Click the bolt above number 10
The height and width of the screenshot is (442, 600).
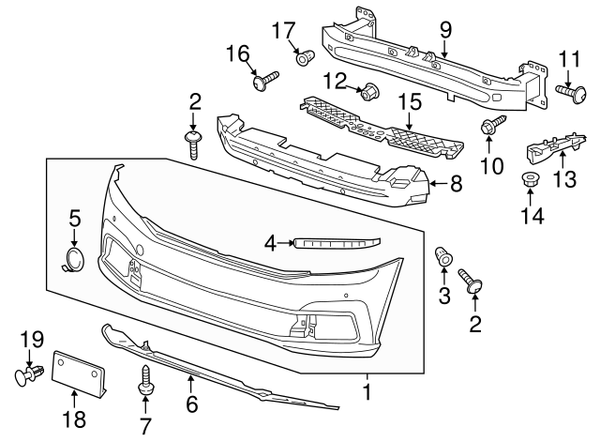[x=491, y=125]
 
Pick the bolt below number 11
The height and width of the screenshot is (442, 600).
[x=568, y=93]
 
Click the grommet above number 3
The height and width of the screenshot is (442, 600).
[x=444, y=254]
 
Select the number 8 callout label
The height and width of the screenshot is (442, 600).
[x=456, y=184]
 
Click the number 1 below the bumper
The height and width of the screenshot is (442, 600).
[x=367, y=389]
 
